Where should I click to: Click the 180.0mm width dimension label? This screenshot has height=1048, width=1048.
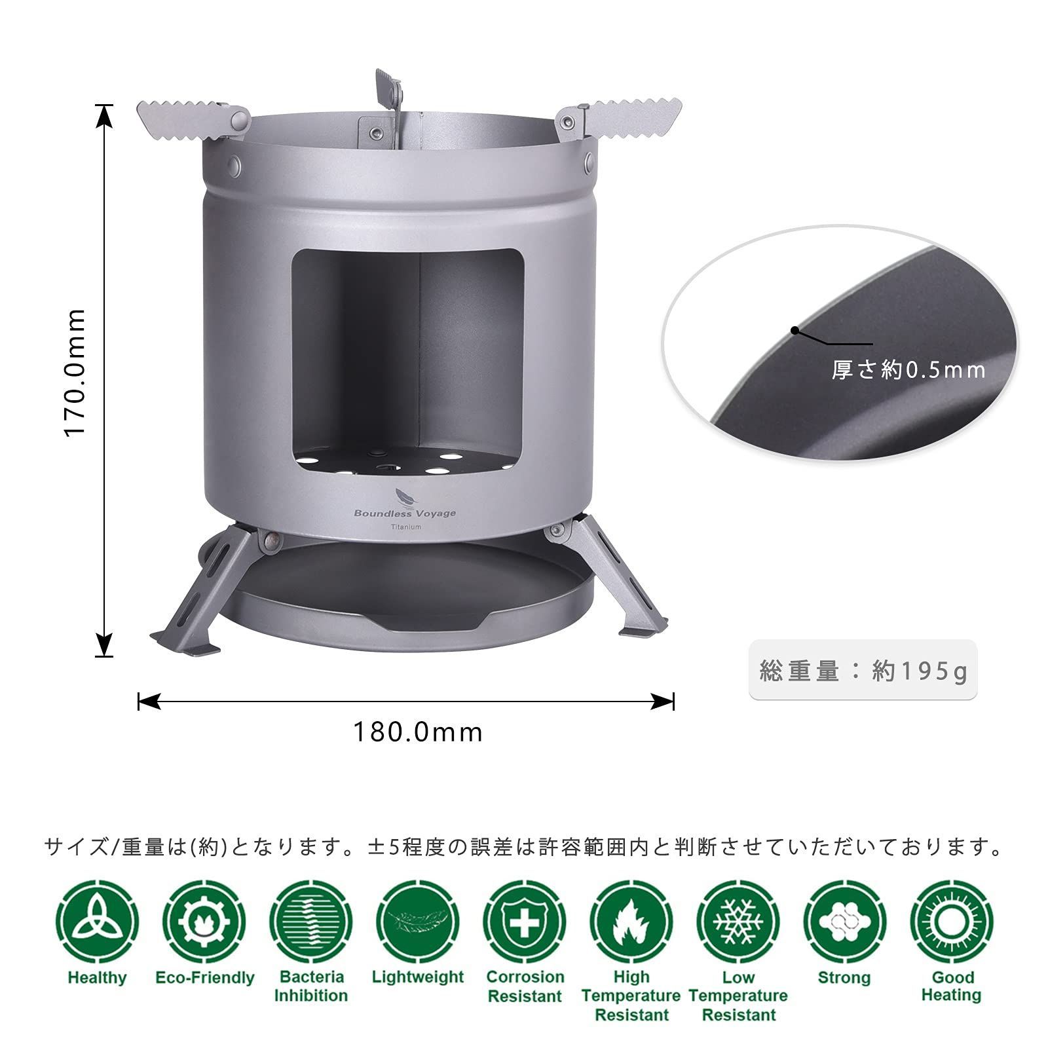tap(418, 732)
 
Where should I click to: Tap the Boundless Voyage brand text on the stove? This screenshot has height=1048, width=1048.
tap(405, 513)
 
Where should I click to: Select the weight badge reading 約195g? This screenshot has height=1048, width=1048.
tap(863, 671)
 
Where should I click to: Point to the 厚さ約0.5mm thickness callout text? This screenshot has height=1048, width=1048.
tap(908, 370)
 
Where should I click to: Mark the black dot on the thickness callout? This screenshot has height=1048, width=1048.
tap(795, 330)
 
